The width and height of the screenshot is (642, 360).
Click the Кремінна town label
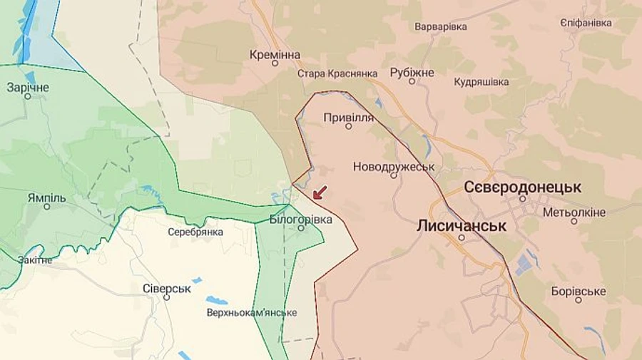click(275, 54)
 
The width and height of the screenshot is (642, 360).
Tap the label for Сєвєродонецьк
click(522, 187)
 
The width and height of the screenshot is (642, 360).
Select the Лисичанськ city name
click(462, 225)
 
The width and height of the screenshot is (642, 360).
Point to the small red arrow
click(320, 192)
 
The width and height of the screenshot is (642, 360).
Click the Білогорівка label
click(301, 220)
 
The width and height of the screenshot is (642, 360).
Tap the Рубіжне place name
click(412, 72)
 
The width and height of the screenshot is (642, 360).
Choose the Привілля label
click(348, 117)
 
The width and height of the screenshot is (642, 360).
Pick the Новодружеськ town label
click(393, 166)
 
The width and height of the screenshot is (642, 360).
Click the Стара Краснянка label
click(337, 73)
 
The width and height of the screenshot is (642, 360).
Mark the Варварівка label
click(441, 26)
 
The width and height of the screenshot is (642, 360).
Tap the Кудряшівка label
click(481, 82)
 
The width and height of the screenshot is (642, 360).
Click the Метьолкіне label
click(574, 212)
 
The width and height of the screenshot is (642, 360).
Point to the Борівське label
click(579, 291)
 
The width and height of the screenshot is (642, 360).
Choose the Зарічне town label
click(28, 87)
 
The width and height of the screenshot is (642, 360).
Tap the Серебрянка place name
click(195, 232)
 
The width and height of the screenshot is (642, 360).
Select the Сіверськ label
click(166, 288)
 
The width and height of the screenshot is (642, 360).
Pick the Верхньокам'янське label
click(252, 312)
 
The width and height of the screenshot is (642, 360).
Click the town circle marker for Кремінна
click(275, 63)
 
